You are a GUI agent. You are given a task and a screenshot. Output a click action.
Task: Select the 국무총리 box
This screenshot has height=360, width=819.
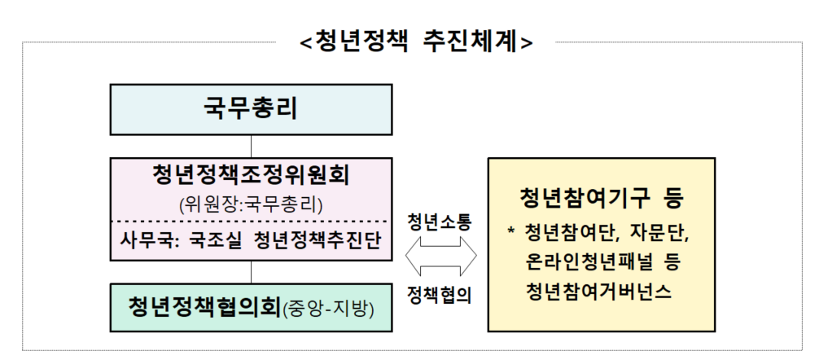(251, 108)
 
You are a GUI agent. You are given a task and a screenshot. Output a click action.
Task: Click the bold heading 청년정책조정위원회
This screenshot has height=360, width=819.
(251, 175)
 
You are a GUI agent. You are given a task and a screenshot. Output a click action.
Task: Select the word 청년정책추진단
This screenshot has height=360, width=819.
(316, 241)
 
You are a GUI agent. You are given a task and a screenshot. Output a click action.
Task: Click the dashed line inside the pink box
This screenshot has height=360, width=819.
(251, 222)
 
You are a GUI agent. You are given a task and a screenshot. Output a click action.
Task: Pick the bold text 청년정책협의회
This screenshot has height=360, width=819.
(204, 306)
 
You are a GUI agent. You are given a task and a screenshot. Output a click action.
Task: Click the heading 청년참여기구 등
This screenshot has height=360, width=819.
(602, 199)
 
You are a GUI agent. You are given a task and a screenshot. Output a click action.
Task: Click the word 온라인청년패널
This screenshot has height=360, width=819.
(585, 263)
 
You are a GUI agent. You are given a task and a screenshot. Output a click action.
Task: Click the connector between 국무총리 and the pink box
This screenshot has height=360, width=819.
(251, 147)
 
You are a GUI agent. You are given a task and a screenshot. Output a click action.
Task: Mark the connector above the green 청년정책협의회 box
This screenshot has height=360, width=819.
(251, 273)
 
